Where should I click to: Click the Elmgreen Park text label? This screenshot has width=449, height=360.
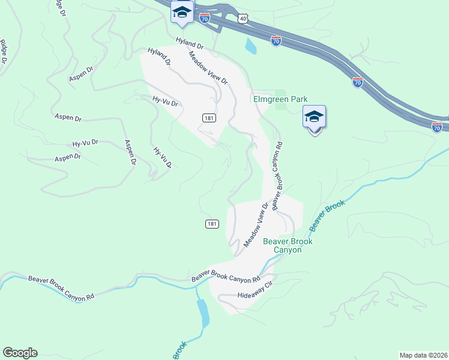pyautogui.click(x=280, y=99)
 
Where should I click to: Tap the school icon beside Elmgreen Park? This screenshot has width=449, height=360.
pyautogui.click(x=315, y=117)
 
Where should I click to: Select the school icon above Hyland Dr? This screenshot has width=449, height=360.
pyautogui.click(x=182, y=11)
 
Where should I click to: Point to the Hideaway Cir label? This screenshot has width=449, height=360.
pyautogui.click(x=255, y=295)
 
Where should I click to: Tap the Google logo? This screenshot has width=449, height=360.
pyautogui.click(x=20, y=353)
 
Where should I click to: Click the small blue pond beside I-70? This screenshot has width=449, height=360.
pyautogui.click(x=250, y=44)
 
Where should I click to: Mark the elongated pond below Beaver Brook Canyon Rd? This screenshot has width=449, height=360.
pyautogui.click(x=203, y=310)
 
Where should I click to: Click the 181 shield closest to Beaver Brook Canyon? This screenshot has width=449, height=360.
pyautogui.click(x=211, y=224)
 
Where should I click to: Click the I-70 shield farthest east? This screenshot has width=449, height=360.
pyautogui.click(x=437, y=127)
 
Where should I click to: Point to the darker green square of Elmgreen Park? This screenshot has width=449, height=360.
pyautogui.click(x=280, y=106)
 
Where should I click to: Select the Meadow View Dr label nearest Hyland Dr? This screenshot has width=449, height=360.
pyautogui.click(x=208, y=67)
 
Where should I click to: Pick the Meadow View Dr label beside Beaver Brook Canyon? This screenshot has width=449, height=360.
pyautogui.click(x=256, y=224)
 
